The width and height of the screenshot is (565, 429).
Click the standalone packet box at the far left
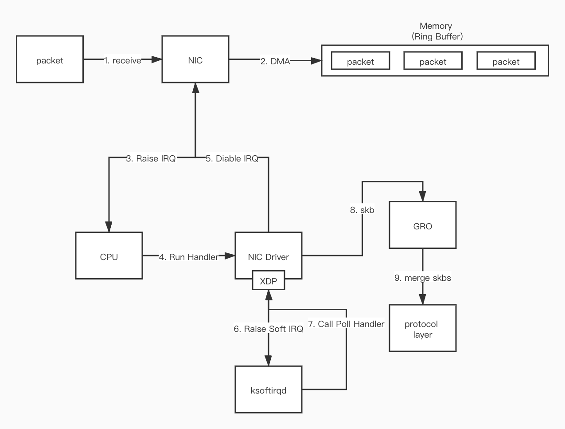click(x=50, y=59)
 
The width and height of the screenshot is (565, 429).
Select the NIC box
click(x=195, y=59)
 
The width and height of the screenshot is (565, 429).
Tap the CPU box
click(x=109, y=256)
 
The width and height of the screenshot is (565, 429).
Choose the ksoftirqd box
click(x=269, y=390)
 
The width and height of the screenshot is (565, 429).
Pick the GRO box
click(x=423, y=225)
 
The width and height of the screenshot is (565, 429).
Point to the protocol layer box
click(x=423, y=328)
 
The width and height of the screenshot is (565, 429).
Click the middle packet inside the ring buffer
click(x=433, y=61)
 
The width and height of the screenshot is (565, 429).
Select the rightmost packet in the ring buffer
click(x=506, y=61)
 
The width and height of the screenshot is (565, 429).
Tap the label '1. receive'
click(x=123, y=60)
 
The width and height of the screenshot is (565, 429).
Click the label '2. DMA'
click(x=275, y=61)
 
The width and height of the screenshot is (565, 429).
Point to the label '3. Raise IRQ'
click(x=151, y=158)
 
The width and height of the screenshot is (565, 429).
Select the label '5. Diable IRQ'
click(x=232, y=158)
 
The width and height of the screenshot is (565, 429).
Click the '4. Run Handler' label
click(x=189, y=257)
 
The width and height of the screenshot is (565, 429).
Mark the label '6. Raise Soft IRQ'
click(x=269, y=329)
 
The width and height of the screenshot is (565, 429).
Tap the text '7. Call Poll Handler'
click(x=346, y=324)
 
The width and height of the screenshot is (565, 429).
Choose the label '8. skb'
click(x=362, y=210)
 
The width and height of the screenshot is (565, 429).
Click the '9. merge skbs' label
click(x=423, y=278)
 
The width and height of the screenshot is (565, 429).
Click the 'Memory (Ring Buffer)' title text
click(x=436, y=31)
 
